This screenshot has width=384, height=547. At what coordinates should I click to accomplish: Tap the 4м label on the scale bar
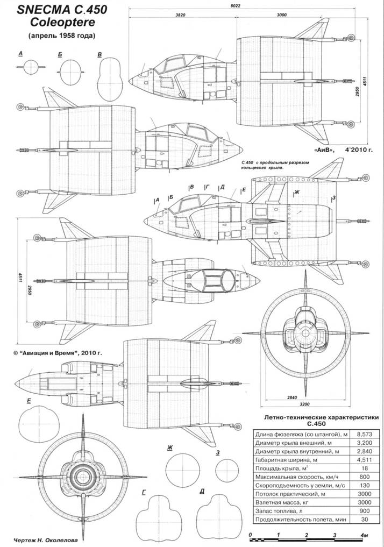[x=364, y=535]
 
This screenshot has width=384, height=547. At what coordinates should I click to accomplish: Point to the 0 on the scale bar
[x=251, y=535]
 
